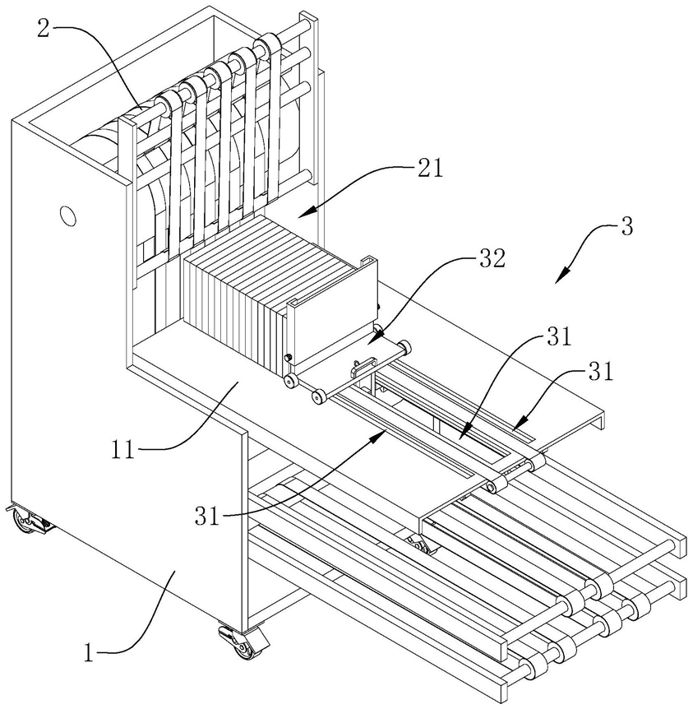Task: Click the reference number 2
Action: tap(43, 29)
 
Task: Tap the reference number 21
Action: tap(430, 169)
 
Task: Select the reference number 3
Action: tap(626, 226)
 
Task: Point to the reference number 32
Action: tap(492, 259)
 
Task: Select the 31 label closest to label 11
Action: tap(206, 516)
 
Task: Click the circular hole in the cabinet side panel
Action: tap(67, 215)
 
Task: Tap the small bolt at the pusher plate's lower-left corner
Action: tap(288, 358)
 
